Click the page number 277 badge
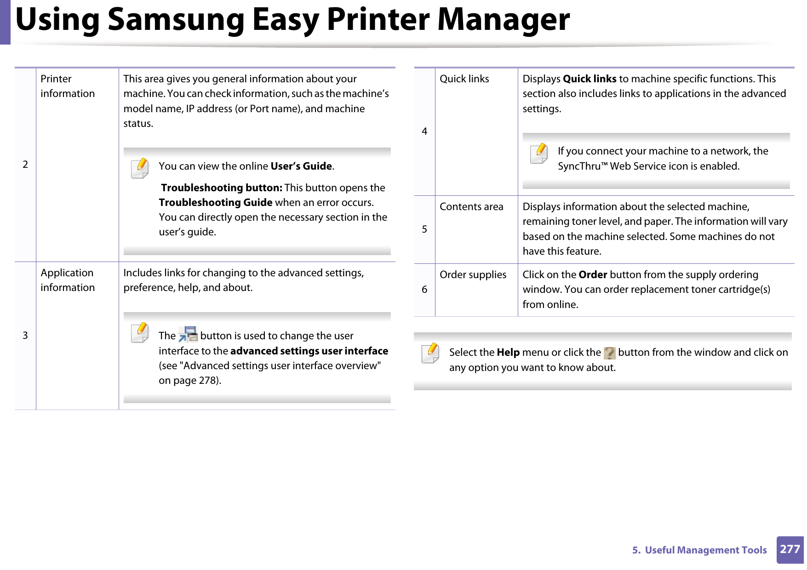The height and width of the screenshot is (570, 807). pos(790,549)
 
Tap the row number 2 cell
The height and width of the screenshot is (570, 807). pos(25,165)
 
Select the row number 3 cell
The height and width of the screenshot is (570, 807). pos(25,336)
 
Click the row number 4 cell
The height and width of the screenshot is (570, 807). pos(424,131)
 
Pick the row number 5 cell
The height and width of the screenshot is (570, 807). pos(424,229)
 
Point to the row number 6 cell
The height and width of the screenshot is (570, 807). pos(424,290)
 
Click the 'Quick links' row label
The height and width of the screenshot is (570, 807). pos(464,79)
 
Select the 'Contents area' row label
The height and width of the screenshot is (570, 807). pos(471,207)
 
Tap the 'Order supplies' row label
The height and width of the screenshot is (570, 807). pos(473,275)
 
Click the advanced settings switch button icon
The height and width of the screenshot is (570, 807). pos(188,335)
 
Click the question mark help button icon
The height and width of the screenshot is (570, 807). pos(609,353)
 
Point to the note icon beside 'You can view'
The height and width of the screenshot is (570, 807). pos(140,168)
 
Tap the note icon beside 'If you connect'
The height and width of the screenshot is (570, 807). pos(539,153)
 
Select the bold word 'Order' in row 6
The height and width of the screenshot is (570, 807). pos(593,275)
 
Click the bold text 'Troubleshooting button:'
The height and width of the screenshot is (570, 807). pos(221,188)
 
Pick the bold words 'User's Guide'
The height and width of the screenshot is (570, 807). pos(301,166)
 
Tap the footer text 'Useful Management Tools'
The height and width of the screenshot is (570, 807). pos(706,550)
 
